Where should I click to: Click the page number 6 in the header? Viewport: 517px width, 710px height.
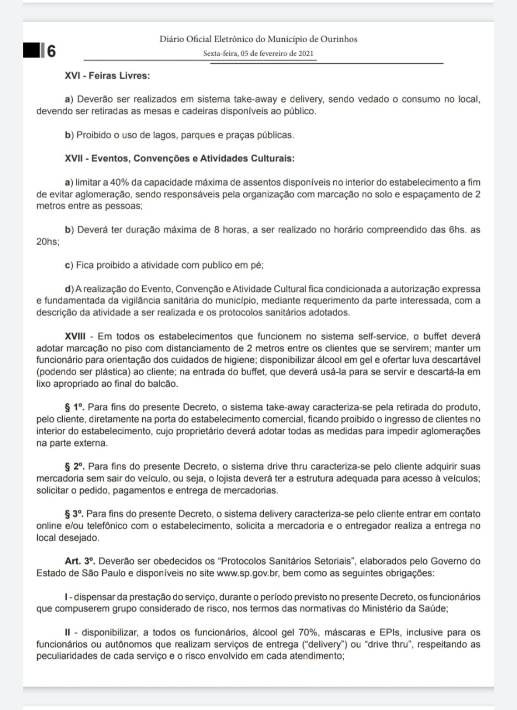51,51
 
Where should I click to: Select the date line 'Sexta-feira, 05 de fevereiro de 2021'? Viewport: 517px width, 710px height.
259,54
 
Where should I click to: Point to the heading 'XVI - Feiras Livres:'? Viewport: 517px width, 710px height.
107,75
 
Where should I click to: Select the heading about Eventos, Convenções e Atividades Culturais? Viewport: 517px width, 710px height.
179,158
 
